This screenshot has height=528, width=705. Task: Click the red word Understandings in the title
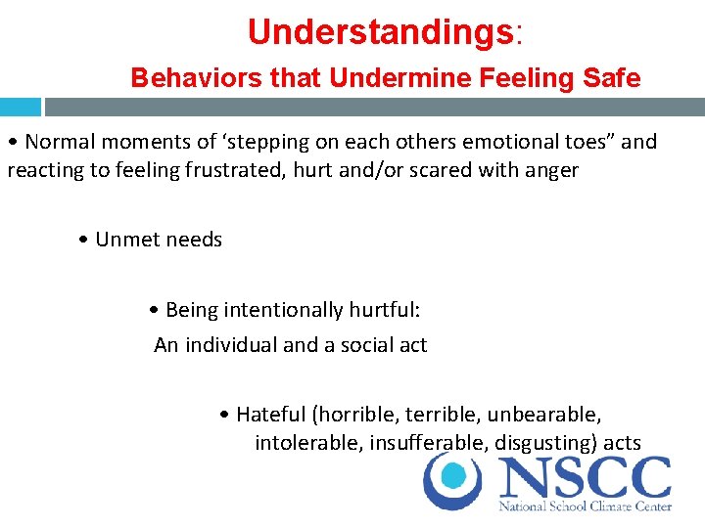(381, 32)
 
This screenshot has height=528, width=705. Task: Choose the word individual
(227, 345)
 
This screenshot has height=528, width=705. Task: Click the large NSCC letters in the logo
(584, 478)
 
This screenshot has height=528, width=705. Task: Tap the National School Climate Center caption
(585, 506)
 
